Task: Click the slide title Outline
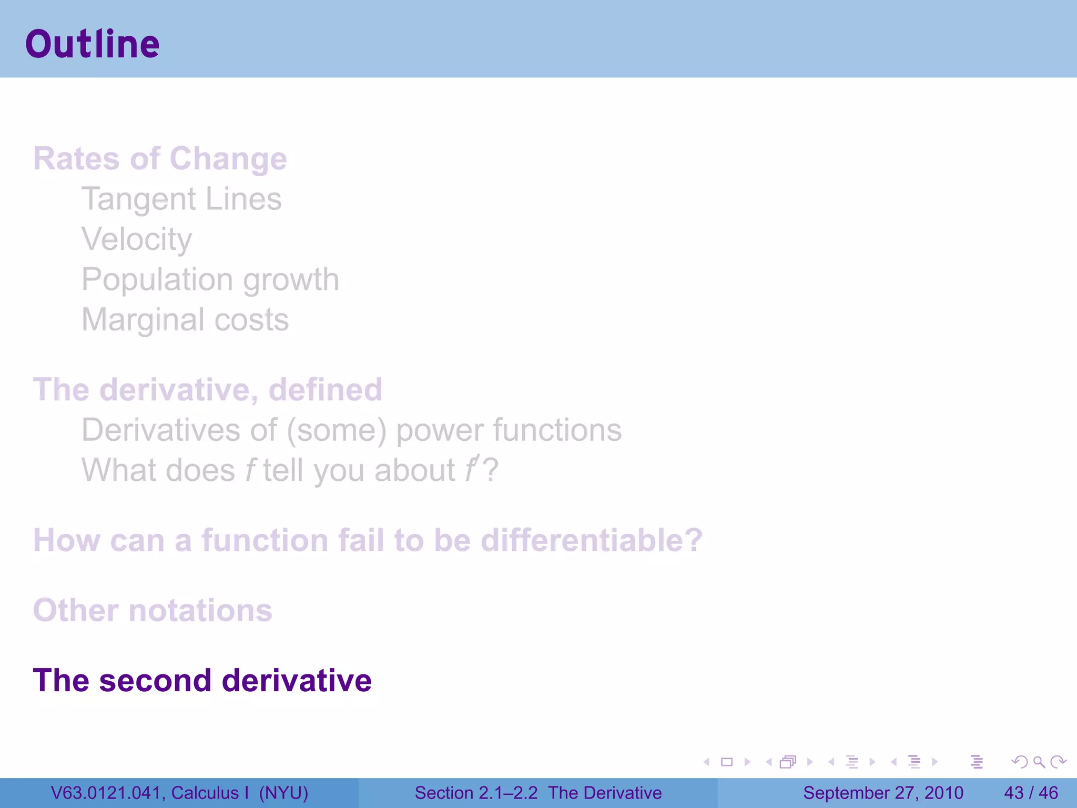(92, 44)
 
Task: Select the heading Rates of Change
(160, 158)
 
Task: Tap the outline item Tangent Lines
(181, 199)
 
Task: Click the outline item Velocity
(137, 239)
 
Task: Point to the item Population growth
(210, 279)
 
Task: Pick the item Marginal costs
(185, 320)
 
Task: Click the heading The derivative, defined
(207, 389)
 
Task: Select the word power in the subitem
(439, 430)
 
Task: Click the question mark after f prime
(491, 470)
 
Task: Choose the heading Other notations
(153, 610)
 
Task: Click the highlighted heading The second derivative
(202, 680)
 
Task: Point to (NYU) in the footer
(283, 793)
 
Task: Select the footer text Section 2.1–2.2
(476, 793)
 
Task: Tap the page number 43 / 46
(1031, 793)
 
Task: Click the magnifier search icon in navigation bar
(1039, 762)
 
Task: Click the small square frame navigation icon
(727, 762)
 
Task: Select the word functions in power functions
(557, 430)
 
